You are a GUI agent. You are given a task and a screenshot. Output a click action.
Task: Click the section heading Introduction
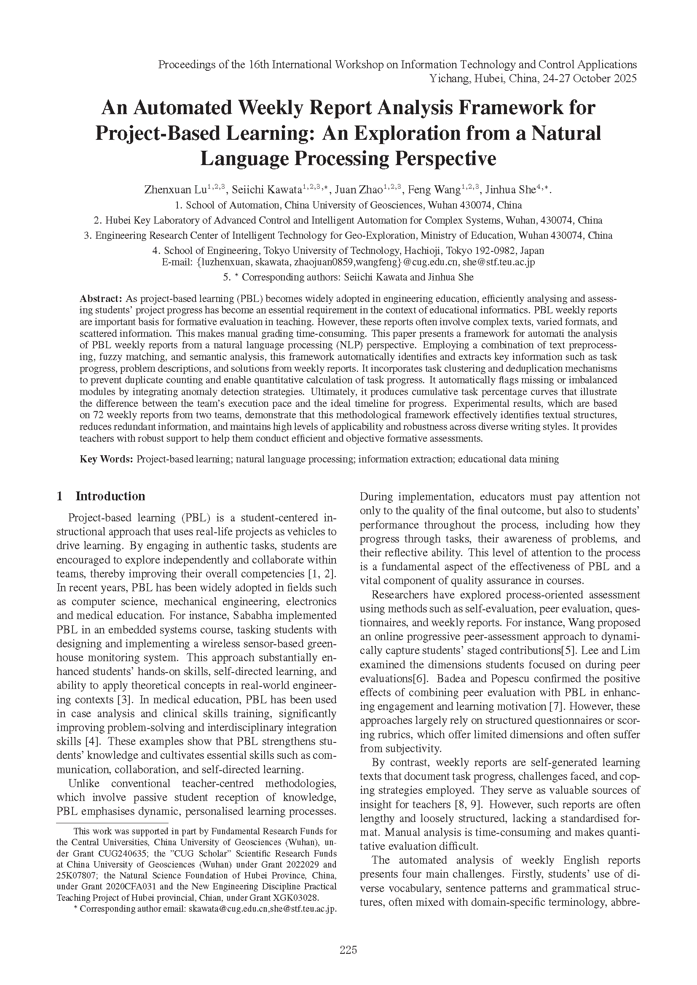click(110, 497)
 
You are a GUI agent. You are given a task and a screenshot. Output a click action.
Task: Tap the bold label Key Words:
click(107, 459)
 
